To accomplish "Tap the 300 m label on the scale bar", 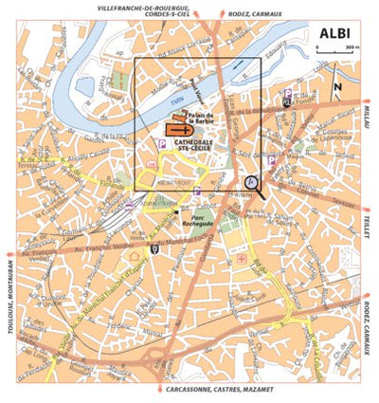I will click(352, 45).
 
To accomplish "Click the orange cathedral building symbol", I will click(176, 128).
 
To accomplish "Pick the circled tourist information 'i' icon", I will click(250, 180).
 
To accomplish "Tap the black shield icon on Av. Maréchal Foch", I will click(154, 249).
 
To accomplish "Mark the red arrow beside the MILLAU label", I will click(368, 99).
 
